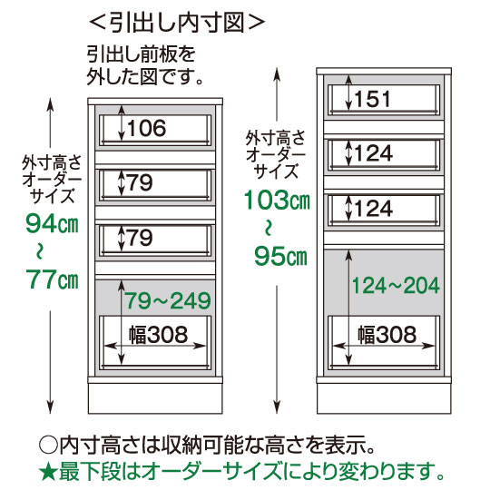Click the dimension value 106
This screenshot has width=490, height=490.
click(x=147, y=128)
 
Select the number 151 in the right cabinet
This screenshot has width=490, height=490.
click(x=372, y=99)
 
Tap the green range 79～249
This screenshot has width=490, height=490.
click(x=168, y=300)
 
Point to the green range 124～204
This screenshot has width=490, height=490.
click(x=396, y=286)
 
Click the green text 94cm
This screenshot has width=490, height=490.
click(x=52, y=223)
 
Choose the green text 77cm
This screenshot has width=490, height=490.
click(x=52, y=279)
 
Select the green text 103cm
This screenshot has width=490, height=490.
click(x=277, y=200)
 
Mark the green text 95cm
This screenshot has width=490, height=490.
click(x=280, y=256)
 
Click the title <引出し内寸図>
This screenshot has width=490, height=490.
click(x=177, y=22)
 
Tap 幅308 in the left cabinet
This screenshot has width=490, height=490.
click(x=159, y=334)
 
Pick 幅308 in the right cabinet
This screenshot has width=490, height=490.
click(x=387, y=334)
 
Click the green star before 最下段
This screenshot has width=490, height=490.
click(x=48, y=474)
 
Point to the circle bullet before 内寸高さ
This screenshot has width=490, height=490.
click(x=48, y=446)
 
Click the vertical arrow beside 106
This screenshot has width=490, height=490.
click(x=122, y=126)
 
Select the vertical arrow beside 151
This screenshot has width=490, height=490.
click(x=349, y=93)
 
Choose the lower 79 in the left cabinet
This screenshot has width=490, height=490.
click(x=141, y=238)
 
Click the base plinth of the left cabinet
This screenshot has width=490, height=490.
click(x=155, y=398)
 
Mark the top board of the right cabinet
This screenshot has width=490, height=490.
click(x=384, y=71)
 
